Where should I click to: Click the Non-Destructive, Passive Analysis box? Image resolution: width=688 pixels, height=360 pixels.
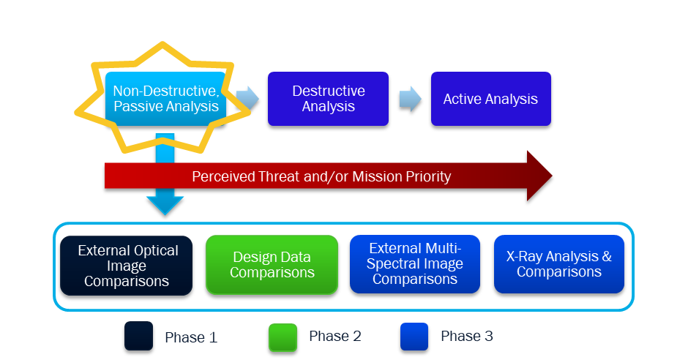pos(165,99)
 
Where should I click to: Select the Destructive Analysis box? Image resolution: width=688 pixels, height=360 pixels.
pos(328,99)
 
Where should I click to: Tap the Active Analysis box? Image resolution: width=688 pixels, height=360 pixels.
pos(490,99)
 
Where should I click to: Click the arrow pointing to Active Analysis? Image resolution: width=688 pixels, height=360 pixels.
pos(411,99)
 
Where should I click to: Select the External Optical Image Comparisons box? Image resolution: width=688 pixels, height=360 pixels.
pos(127,265)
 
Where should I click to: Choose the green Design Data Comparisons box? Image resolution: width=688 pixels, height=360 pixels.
pos(272,265)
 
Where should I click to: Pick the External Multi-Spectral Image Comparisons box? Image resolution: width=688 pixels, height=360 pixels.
pos(415,265)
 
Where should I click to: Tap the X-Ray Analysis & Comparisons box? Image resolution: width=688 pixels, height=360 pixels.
pos(559,265)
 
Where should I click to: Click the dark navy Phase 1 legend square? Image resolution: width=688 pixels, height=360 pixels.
pos(138,337)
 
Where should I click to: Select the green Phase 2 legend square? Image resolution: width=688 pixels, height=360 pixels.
pos(283,337)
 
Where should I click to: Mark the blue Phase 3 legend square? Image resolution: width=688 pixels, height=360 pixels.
pos(414,337)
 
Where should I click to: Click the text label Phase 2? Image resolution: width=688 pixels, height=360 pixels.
pos(334,337)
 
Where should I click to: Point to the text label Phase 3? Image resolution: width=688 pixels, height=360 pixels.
pos(466,337)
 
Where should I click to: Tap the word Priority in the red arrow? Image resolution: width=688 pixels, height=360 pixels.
pos(425,176)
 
